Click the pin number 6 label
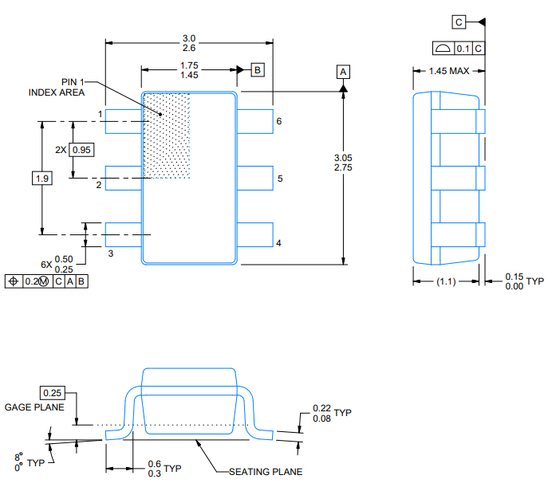pyautogui.click(x=279, y=122)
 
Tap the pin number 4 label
pyautogui.click(x=278, y=243)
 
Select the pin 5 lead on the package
pyautogui.click(x=255, y=179)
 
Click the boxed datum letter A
pyautogui.click(x=343, y=72)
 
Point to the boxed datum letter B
pyautogui.click(x=257, y=70)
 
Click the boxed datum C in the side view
pyautogui.click(x=459, y=22)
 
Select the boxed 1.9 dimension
pyautogui.click(x=41, y=179)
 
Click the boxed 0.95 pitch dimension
pyautogui.click(x=82, y=150)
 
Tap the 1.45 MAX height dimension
pyautogui.click(x=448, y=71)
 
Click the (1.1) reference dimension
pyautogui.click(x=448, y=281)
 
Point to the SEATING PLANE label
pyautogui.click(x=265, y=472)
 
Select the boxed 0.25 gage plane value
pyautogui.click(x=52, y=393)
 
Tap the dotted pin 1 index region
pyautogui.click(x=167, y=136)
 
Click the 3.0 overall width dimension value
pyautogui.click(x=189, y=38)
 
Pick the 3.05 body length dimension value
pyautogui.click(x=343, y=158)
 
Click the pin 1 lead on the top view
pyautogui.click(x=123, y=121)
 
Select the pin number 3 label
pyautogui.click(x=111, y=253)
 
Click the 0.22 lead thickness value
pyautogui.click(x=322, y=408)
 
